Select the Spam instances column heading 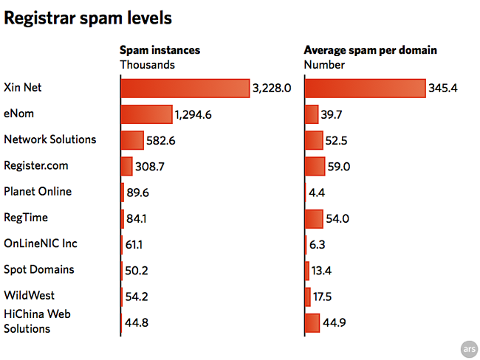tap(160, 51)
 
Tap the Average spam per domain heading tap(371, 51)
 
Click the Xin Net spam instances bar tap(185, 89)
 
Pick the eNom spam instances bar tap(146, 114)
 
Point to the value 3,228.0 tap(272, 89)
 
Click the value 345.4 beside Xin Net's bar tap(444, 89)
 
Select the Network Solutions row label tap(50, 139)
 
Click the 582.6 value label tap(161, 140)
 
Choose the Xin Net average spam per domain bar tap(366, 89)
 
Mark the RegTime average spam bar tap(314, 218)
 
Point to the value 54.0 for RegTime tap(338, 219)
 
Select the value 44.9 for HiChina tap(336, 323)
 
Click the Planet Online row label tap(38, 191)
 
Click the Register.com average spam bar tap(315, 166)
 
